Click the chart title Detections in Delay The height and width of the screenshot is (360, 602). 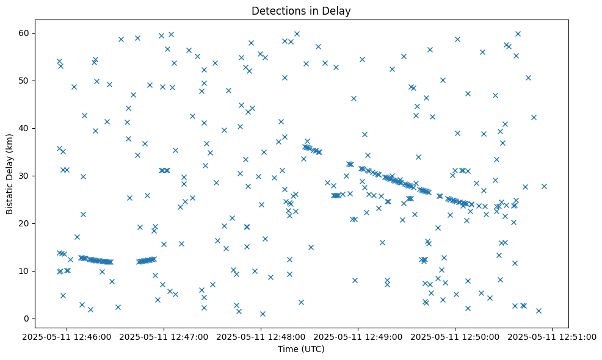(x=301, y=11)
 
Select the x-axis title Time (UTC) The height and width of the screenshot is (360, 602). (x=301, y=349)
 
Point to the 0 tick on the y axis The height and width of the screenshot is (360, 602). (x=27, y=319)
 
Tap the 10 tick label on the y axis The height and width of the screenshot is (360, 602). (x=24, y=271)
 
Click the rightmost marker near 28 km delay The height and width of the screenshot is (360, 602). (x=544, y=186)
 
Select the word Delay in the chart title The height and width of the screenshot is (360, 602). (x=338, y=11)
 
